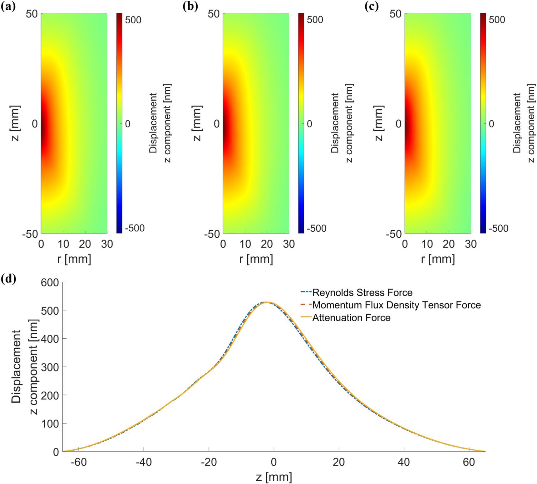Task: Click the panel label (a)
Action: pyautogui.click(x=8, y=7)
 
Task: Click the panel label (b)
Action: pyautogui.click(x=190, y=7)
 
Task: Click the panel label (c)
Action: pyautogui.click(x=372, y=7)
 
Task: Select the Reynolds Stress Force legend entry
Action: pyautogui.click(x=362, y=293)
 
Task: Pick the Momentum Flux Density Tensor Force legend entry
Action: pyautogui.click(x=396, y=305)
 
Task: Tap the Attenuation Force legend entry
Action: pyautogui.click(x=351, y=318)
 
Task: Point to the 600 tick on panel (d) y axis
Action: pyautogui.click(x=50, y=283)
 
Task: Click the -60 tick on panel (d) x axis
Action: pyautogui.click(x=79, y=462)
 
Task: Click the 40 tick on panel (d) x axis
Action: pyautogui.click(x=404, y=462)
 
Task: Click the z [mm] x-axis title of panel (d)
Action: pyautogui.click(x=274, y=477)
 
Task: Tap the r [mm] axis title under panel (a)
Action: pyautogui.click(x=74, y=259)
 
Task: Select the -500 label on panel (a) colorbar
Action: pyautogui.click(x=135, y=228)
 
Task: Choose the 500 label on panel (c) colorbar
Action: pyautogui.click(x=497, y=20)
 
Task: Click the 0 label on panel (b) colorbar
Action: pyautogui.click(x=309, y=124)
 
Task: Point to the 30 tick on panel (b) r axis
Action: pyautogui.click(x=289, y=244)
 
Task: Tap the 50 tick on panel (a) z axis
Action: pyautogui.click(x=32, y=14)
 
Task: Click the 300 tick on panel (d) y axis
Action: pyautogui.click(x=50, y=367)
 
